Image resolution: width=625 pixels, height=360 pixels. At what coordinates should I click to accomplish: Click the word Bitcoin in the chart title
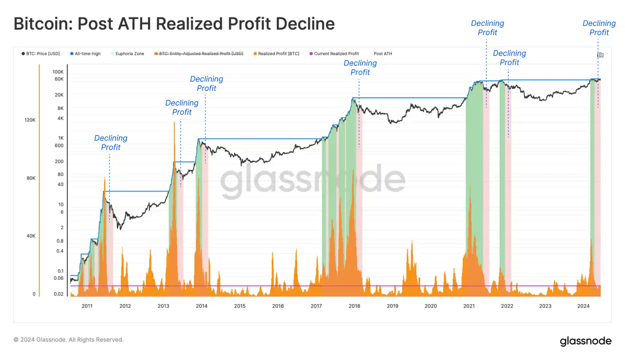43,24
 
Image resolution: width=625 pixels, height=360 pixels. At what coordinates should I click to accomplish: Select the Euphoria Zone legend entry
129,54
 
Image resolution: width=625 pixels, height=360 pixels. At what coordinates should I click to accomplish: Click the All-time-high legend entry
87,54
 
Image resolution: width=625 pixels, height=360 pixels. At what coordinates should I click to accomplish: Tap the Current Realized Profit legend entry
336,54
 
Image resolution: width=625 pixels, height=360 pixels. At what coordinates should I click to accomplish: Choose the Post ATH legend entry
382,54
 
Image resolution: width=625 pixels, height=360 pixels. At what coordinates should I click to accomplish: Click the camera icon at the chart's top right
600,55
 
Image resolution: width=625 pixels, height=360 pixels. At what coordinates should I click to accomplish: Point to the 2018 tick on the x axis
354,306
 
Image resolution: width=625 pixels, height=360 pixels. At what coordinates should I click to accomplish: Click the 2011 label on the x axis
87,306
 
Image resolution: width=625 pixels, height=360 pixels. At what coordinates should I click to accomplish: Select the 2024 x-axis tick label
583,306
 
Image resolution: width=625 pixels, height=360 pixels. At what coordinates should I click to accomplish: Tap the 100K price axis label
58,72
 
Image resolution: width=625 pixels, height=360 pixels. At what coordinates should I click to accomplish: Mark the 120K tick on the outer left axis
30,120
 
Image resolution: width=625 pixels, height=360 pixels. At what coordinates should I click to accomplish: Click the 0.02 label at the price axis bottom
59,294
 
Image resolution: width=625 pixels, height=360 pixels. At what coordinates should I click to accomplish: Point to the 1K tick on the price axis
61,138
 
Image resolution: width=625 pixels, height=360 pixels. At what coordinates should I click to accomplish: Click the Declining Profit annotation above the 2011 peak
111,143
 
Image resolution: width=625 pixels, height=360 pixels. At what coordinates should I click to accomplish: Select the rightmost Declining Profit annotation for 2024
599,28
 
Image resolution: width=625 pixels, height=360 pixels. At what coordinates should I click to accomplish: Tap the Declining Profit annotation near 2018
360,68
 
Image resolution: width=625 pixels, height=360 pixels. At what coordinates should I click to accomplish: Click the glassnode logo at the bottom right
585,341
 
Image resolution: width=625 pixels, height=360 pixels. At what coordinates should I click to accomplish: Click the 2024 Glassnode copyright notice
68,340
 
